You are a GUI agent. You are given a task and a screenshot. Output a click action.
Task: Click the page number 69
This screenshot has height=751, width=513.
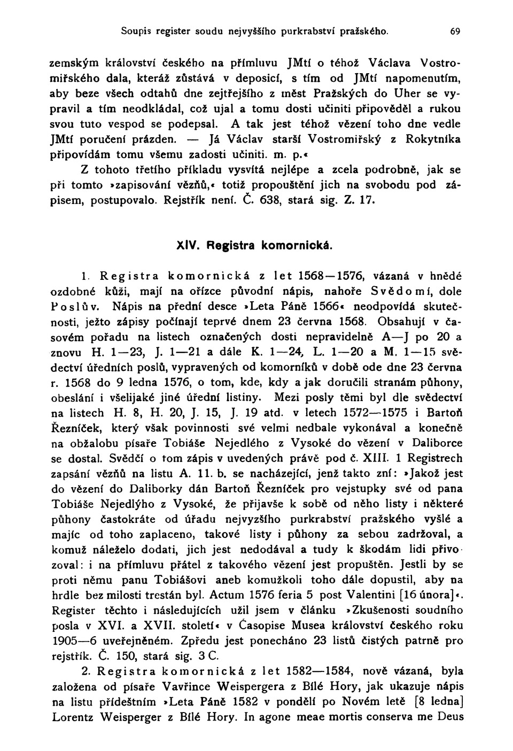click(x=455, y=32)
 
